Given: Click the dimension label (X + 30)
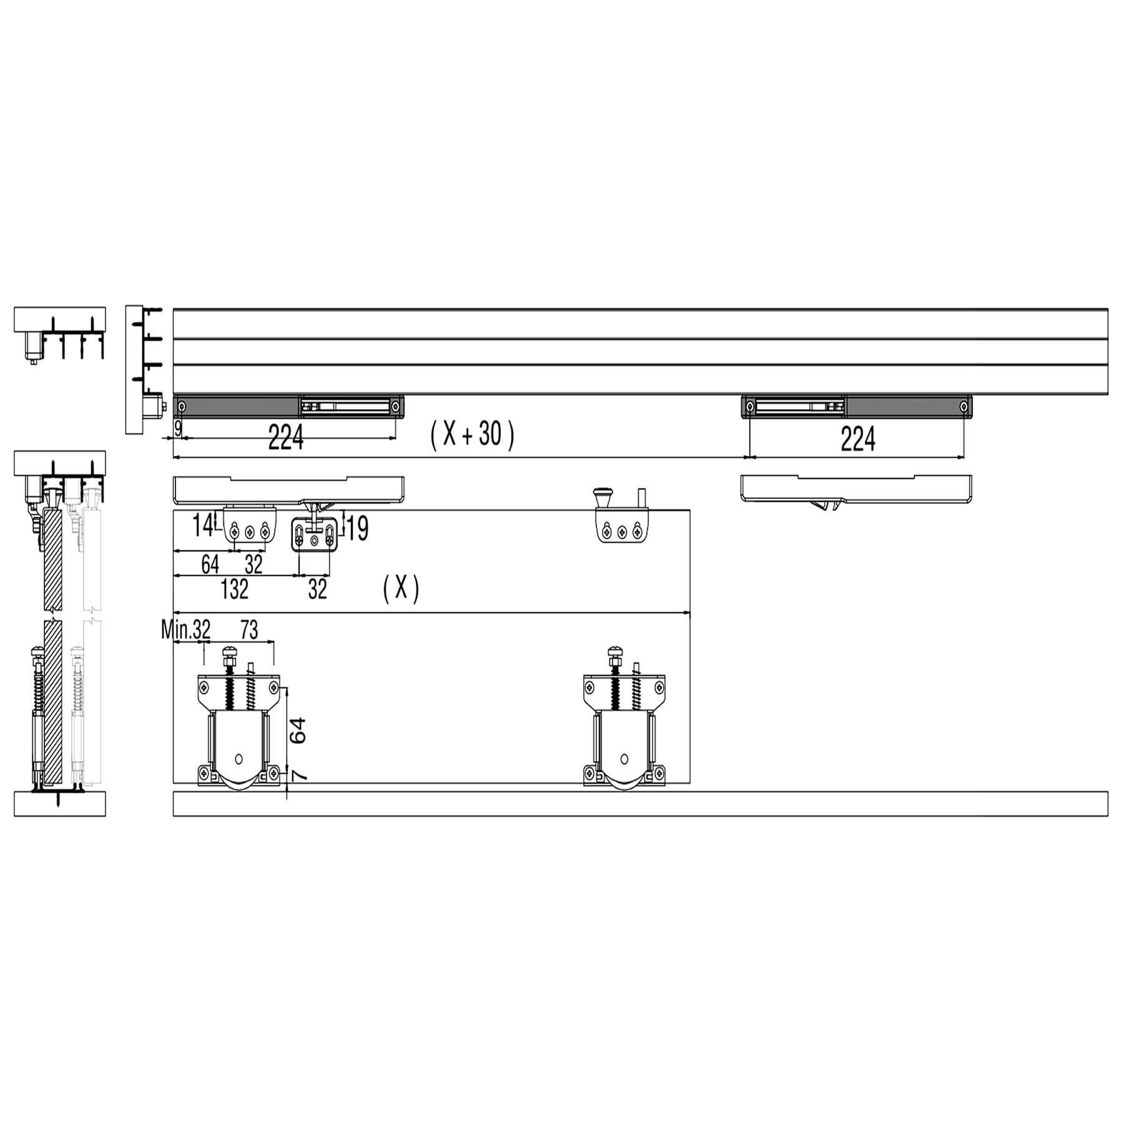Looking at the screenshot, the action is coord(472,435).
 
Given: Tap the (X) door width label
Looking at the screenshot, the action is coord(401,588).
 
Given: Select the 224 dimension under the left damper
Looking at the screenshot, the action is coord(286,437).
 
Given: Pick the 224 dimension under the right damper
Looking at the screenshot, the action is coord(858,438).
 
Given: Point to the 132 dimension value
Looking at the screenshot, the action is coord(235,589).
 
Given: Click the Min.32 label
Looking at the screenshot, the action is coord(186,629).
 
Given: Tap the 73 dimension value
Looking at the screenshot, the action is coord(249,629).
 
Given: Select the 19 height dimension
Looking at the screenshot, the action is coord(358,528).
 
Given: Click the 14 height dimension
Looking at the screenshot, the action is coord(202,525).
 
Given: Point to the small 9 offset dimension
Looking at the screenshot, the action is coord(178,428).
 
